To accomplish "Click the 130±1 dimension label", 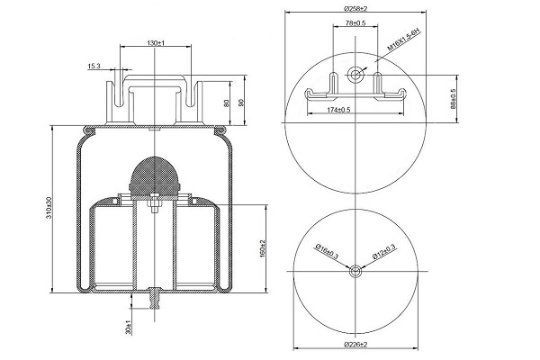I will point(157,43).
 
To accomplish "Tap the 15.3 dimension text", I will point(94,66).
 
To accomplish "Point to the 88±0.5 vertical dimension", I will point(453,97).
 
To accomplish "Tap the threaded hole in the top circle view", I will point(358,75).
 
